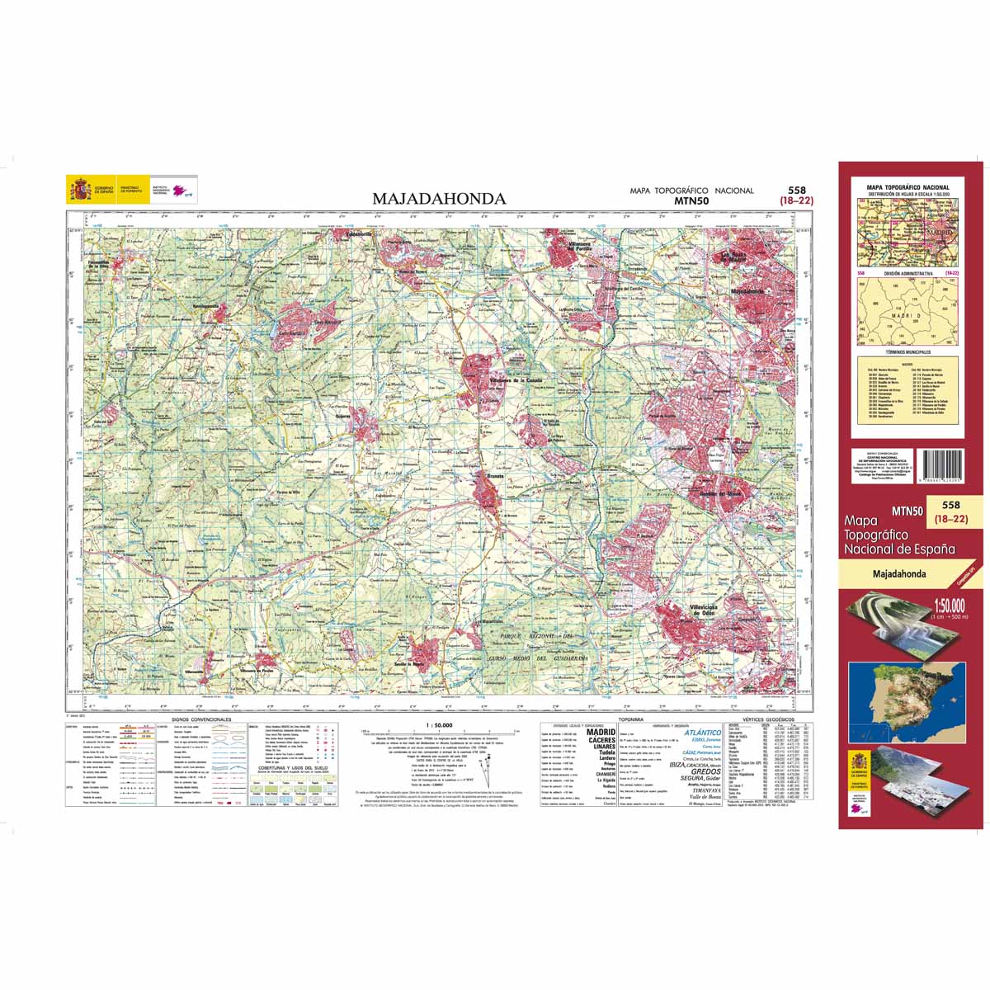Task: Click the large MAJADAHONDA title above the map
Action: click(x=439, y=199)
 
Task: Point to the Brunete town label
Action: click(x=495, y=476)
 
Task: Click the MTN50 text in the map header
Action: click(x=691, y=200)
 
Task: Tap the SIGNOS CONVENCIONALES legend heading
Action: click(x=203, y=720)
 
